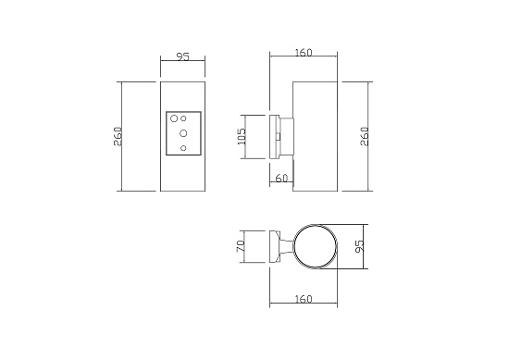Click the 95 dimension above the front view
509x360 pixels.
click(182, 57)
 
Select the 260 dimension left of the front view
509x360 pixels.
click(118, 136)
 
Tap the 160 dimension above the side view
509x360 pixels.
click(304, 52)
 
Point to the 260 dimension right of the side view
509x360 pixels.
click(364, 136)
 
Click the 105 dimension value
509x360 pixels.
click(242, 137)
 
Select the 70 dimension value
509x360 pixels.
click(241, 247)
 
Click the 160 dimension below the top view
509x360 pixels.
click(304, 299)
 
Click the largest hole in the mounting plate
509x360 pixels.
click(173, 118)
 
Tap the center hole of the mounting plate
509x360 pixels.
click(183, 134)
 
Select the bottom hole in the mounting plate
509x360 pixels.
click(183, 148)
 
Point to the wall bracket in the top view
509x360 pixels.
click(276, 247)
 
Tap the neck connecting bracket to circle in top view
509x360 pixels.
click(290, 247)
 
